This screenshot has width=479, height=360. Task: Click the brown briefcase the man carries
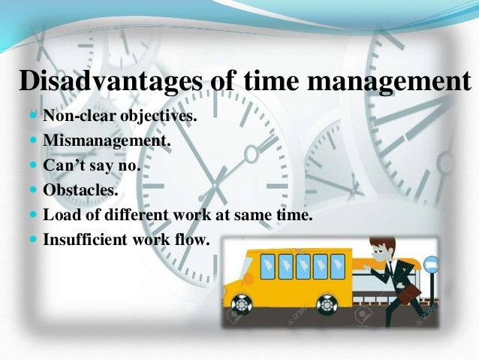point(408,295)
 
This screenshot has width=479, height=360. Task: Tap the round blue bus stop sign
point(432,265)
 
